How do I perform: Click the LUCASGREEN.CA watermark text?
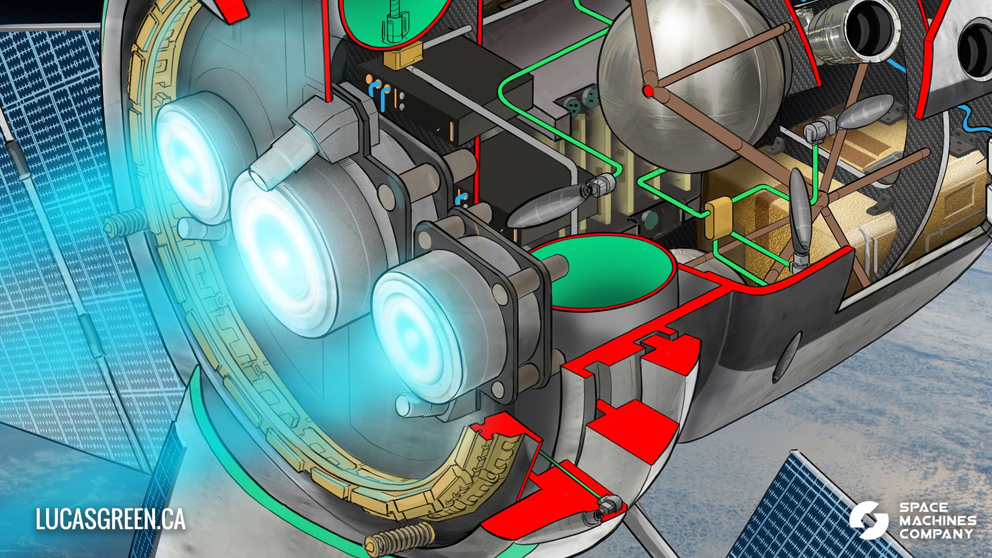(x=110, y=519)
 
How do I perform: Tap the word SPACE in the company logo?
(x=924, y=507)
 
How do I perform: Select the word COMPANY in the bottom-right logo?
(x=936, y=534)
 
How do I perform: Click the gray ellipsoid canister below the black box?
(x=542, y=207)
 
